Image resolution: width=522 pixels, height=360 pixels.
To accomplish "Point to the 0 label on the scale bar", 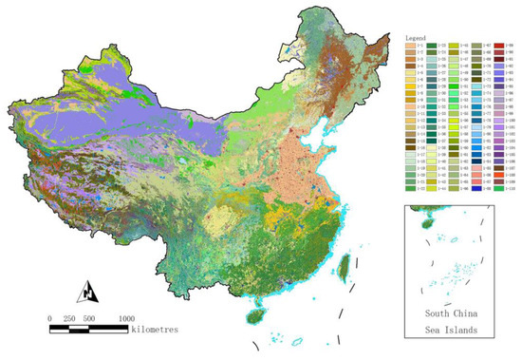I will [x=49, y=318].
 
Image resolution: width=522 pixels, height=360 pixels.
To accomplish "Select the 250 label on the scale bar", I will [x=68, y=318].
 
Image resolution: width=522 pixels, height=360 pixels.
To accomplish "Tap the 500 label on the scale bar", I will [x=88, y=318].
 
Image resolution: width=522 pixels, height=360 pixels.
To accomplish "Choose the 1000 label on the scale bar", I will [x=125, y=318].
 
